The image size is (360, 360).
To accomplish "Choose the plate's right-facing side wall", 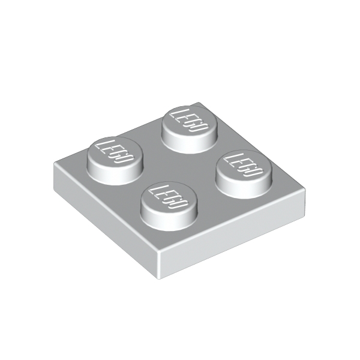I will coord(234,240).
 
